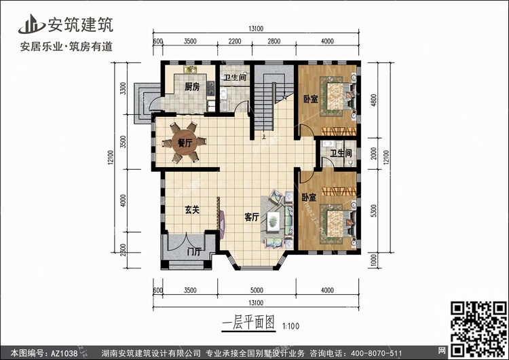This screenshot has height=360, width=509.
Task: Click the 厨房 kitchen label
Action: pyautogui.click(x=192, y=87)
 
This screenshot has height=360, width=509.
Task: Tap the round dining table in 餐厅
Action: pyautogui.click(x=185, y=143)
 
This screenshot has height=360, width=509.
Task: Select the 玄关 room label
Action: pyautogui.click(x=192, y=210)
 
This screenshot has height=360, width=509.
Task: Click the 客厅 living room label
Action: pyautogui.click(x=252, y=217)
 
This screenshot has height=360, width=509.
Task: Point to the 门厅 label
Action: pyautogui.click(x=195, y=251)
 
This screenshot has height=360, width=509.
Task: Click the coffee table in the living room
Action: pyautogui.click(x=274, y=221)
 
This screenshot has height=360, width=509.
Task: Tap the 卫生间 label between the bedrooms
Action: pyautogui.click(x=341, y=153)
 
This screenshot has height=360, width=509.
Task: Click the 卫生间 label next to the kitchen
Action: pyautogui.click(x=235, y=77)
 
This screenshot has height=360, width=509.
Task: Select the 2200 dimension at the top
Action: pyautogui.click(x=235, y=41)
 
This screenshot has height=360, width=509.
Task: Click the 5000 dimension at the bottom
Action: pyautogui.click(x=257, y=290)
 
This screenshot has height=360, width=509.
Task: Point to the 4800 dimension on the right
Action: pyautogui.click(x=374, y=100)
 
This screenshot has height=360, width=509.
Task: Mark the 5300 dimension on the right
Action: pyautogui.click(x=374, y=211)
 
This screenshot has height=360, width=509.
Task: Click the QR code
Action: pyautogui.click(x=478, y=329)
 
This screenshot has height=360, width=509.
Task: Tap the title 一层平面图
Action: pyautogui.click(x=248, y=323)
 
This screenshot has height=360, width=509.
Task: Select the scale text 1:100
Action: pyautogui.click(x=291, y=325)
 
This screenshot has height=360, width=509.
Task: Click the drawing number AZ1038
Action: pyautogui.click(x=64, y=353)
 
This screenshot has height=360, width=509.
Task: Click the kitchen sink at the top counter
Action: pyautogui.click(x=191, y=69)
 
